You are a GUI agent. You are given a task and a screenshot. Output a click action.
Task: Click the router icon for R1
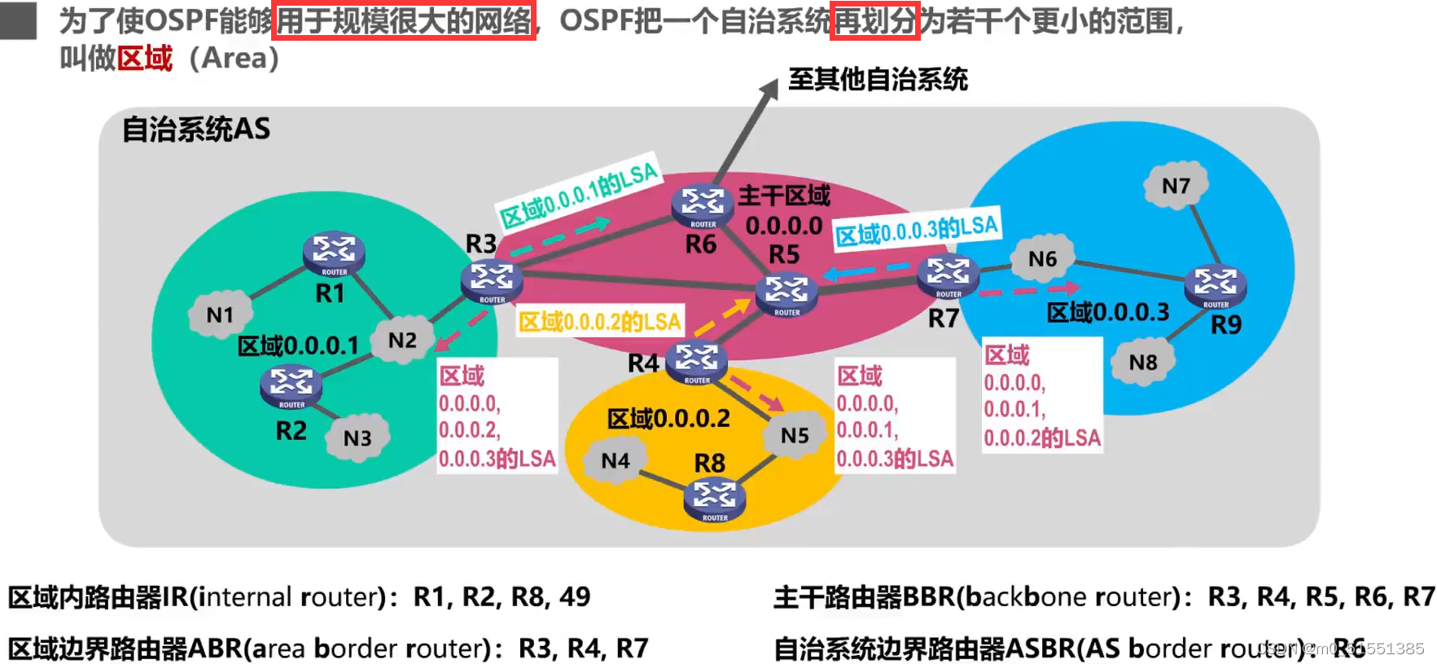pyautogui.click(x=334, y=253)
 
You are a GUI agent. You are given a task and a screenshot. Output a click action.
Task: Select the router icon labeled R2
pyautogui.click(x=291, y=386)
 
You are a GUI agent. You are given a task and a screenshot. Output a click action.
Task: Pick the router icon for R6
pyautogui.click(x=703, y=206)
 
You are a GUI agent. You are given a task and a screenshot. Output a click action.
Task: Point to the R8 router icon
pyautogui.click(x=715, y=499)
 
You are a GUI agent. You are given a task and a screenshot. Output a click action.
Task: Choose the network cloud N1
pyautogui.click(x=220, y=314)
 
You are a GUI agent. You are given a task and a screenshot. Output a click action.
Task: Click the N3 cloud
pyautogui.click(x=357, y=438)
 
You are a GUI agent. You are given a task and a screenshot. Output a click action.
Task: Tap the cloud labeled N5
pyautogui.click(x=795, y=436)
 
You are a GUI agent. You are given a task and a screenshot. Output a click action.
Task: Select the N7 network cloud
pyautogui.click(x=1176, y=186)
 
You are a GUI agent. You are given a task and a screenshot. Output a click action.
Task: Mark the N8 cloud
pyautogui.click(x=1143, y=362)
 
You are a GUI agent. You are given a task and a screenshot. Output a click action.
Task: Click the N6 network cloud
pyautogui.click(x=1042, y=259)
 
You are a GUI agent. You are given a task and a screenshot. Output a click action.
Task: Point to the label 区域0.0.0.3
pyautogui.click(x=1107, y=312)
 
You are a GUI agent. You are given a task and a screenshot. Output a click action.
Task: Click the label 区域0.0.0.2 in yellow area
pyautogui.click(x=668, y=419)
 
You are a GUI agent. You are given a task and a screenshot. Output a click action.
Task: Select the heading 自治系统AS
pyautogui.click(x=196, y=129)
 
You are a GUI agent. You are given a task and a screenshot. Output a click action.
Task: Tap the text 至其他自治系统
pyautogui.click(x=878, y=79)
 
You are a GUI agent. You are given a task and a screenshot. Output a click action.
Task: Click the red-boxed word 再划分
pyautogui.click(x=875, y=21)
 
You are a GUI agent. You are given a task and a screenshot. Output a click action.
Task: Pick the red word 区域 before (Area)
pyautogui.click(x=145, y=58)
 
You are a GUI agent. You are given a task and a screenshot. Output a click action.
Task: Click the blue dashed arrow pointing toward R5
pyautogui.click(x=866, y=270)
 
